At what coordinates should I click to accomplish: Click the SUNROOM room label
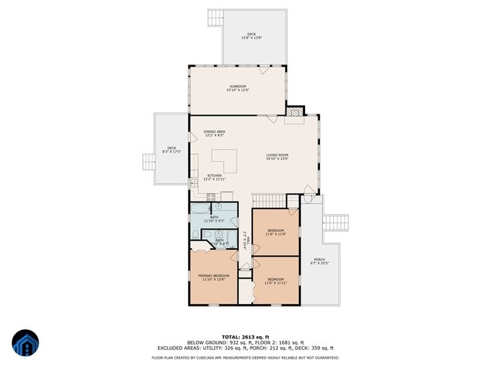(237, 87)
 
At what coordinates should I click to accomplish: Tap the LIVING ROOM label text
(277, 157)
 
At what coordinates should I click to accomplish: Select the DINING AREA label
(214, 133)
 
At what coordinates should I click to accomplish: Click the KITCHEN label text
(214, 177)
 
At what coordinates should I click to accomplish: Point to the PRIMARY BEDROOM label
(213, 277)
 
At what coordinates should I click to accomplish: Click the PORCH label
(319, 261)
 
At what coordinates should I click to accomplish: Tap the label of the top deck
(251, 35)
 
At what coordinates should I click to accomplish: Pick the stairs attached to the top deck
(216, 18)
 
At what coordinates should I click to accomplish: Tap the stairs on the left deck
(148, 161)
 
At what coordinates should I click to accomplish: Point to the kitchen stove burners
(211, 196)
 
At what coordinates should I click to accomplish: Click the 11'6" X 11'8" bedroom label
(276, 232)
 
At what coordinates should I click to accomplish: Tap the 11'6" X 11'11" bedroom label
(276, 280)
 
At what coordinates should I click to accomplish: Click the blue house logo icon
(25, 343)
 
